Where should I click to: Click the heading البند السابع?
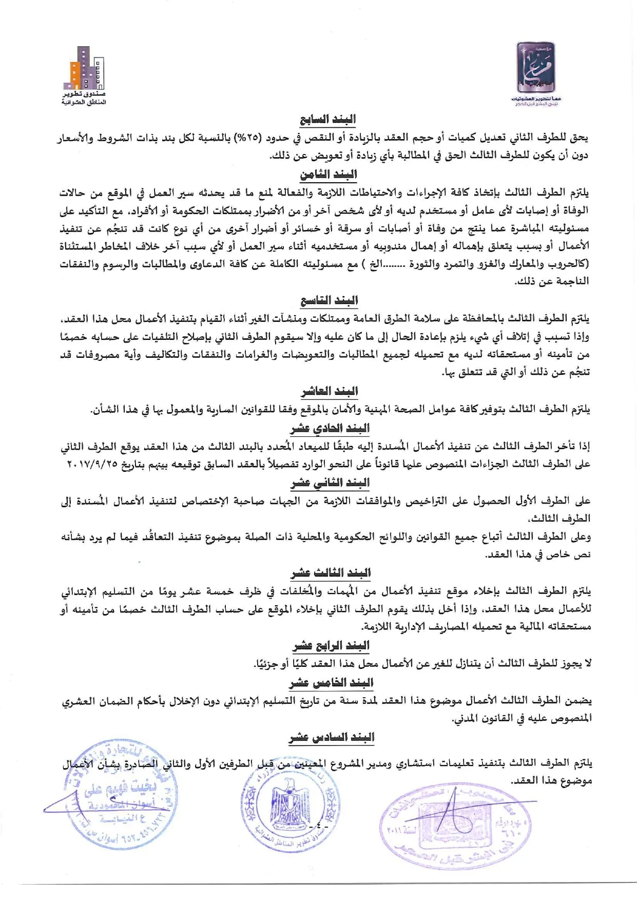coord(328,120)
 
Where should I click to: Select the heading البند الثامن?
coord(329,174)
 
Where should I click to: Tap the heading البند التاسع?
coord(329,300)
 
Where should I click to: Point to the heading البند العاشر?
coord(330,392)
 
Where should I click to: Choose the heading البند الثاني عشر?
coord(330,483)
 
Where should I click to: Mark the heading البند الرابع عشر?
coord(331,645)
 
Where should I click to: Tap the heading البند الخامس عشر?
coord(331,683)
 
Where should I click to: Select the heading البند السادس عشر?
coord(332,738)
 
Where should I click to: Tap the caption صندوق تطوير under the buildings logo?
coord(85,95)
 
